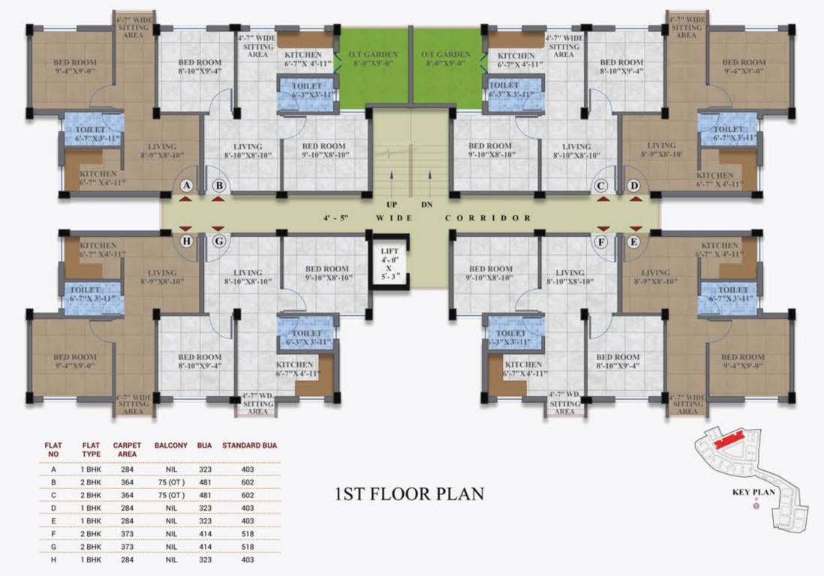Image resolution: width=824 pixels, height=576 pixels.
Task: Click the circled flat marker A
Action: tap(187, 185)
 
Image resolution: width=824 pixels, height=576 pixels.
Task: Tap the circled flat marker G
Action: tap(218, 241)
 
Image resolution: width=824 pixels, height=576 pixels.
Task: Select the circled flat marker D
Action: tap(634, 185)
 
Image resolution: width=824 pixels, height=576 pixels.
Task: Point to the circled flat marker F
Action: tap(601, 241)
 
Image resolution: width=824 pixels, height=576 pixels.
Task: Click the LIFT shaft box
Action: tap(389, 262)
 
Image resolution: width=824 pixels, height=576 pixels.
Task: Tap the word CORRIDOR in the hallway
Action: tap(489, 218)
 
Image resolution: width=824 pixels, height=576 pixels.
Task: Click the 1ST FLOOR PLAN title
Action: tap(409, 494)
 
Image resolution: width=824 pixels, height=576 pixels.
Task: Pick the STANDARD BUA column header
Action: tap(249, 445)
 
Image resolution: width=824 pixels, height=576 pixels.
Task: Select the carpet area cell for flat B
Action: tap(127, 482)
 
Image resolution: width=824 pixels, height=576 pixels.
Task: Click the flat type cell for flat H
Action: tap(91, 559)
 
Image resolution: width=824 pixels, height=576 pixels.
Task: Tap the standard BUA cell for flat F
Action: tap(248, 533)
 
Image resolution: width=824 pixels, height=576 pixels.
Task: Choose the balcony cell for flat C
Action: tap(170, 495)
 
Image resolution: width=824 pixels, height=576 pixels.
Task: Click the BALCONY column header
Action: tap(171, 445)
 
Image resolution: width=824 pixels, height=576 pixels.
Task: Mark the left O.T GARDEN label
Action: tap(372, 58)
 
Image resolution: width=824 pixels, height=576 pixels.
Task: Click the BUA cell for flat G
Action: tap(204, 547)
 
